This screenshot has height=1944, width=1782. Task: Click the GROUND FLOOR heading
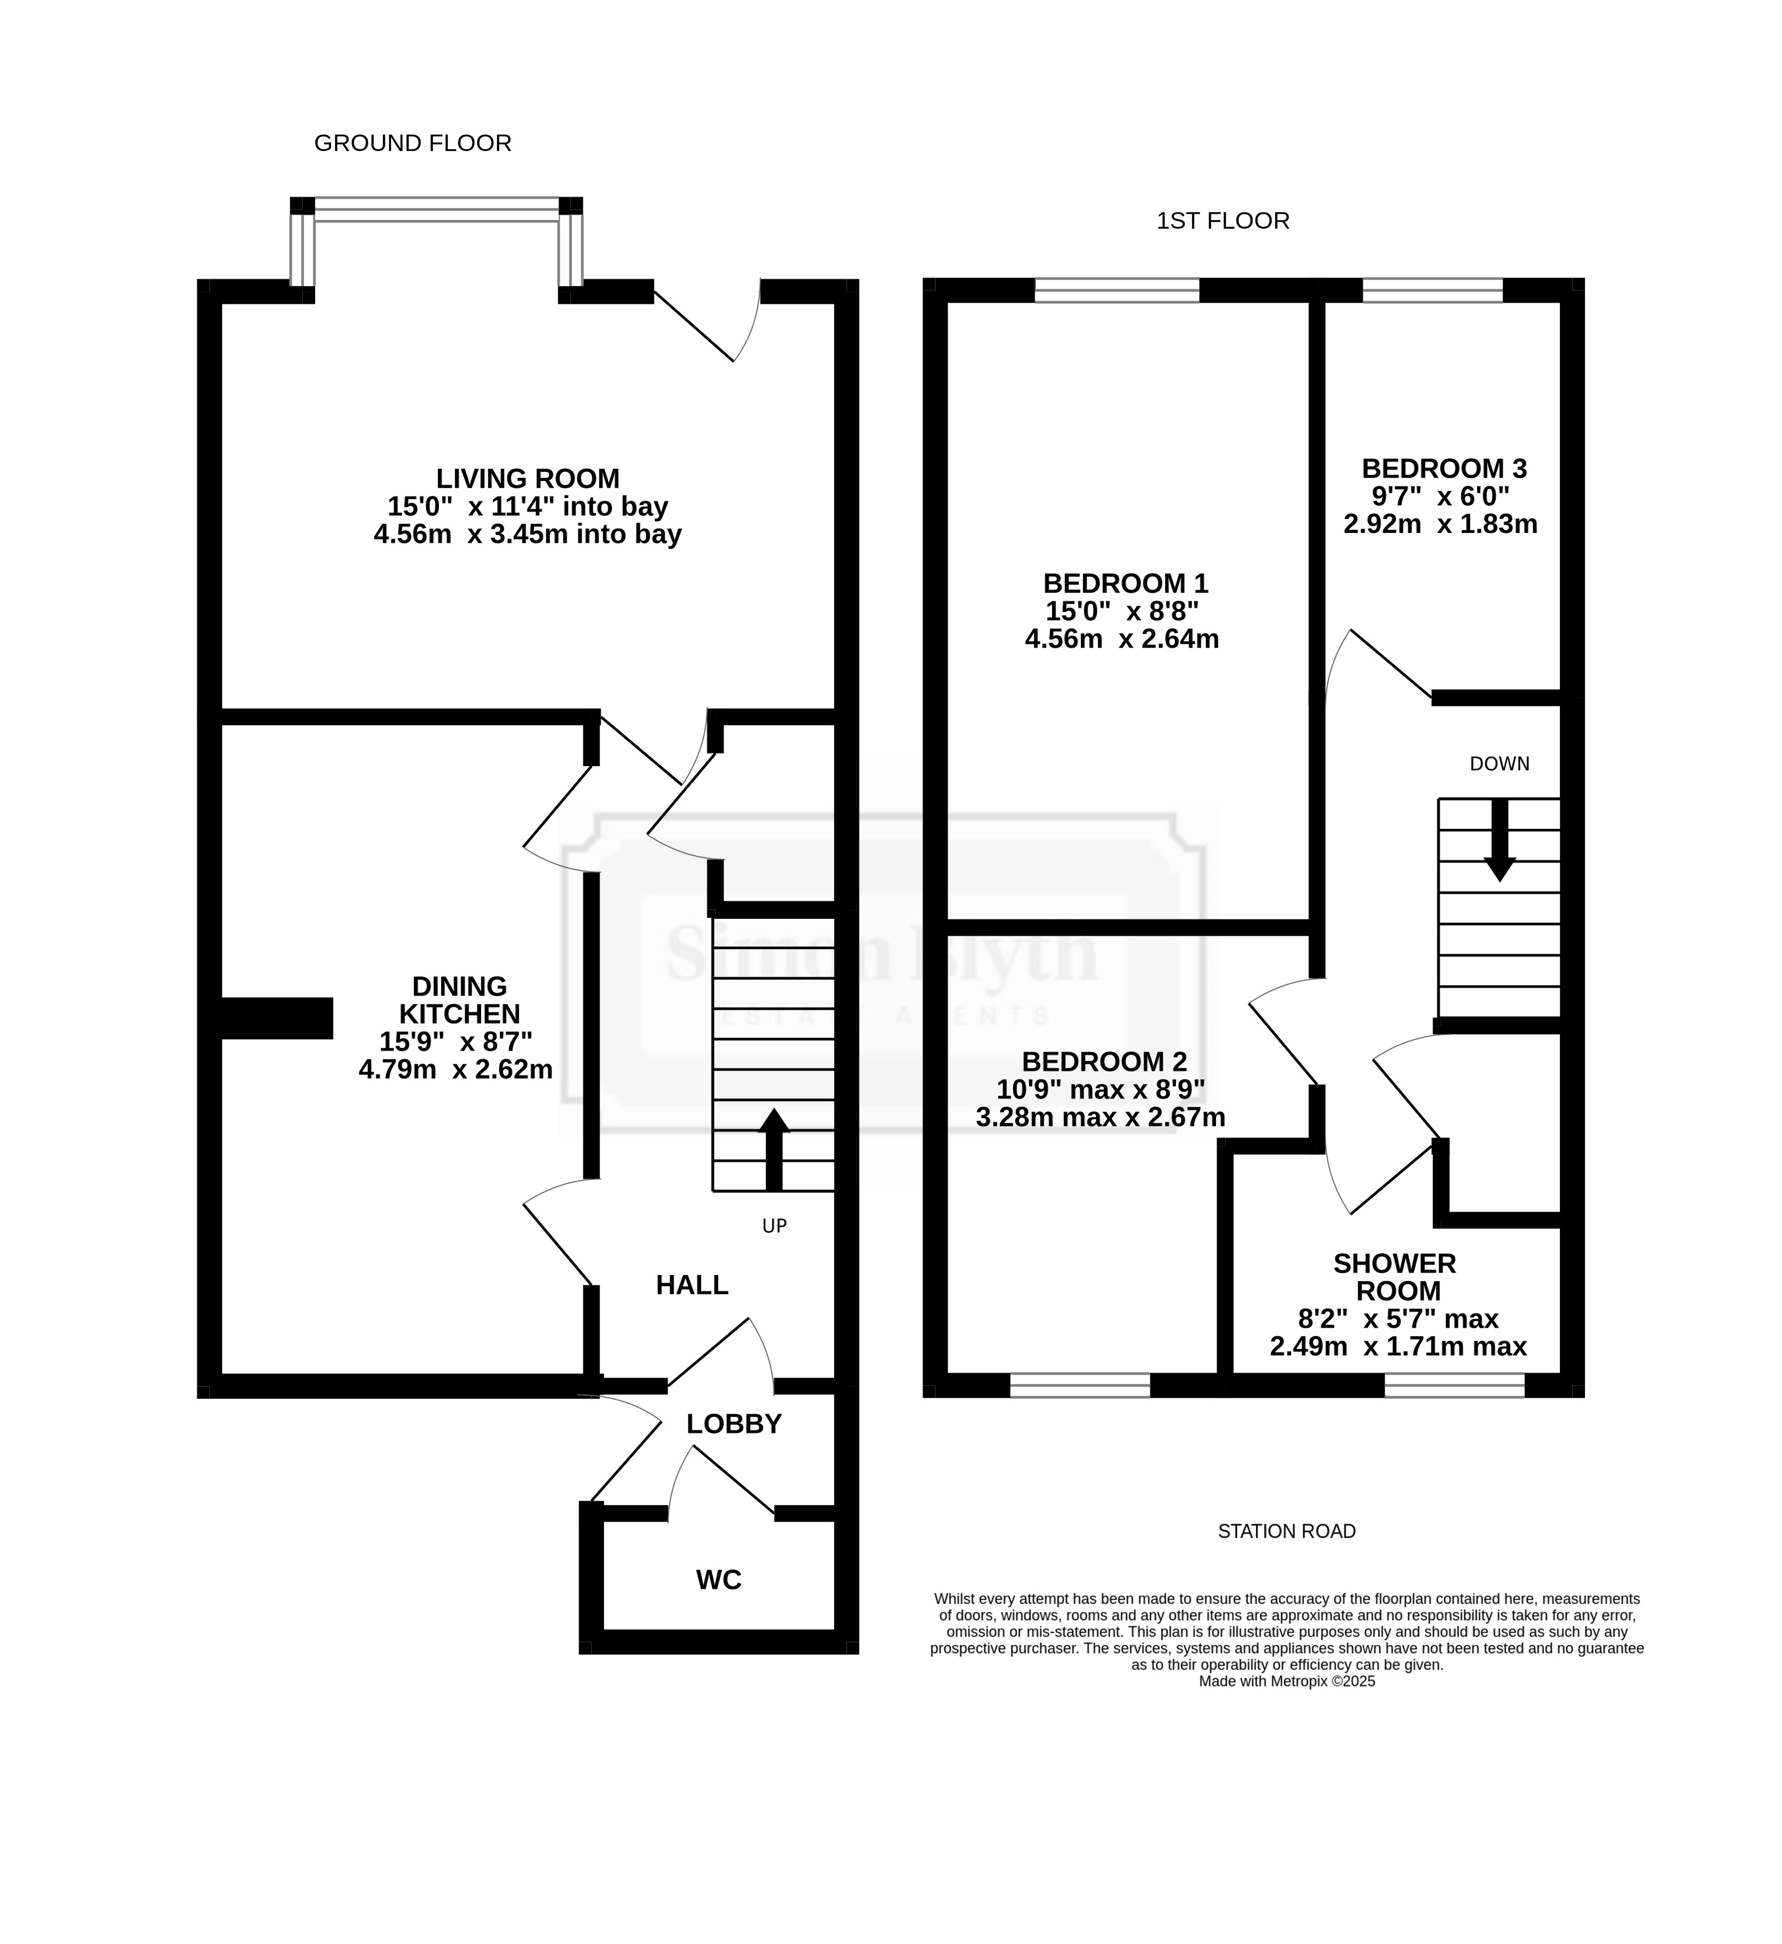pyautogui.click(x=413, y=144)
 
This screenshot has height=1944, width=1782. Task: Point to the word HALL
pyautogui.click(x=692, y=1284)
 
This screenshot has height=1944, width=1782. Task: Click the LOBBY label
pyautogui.click(x=734, y=1423)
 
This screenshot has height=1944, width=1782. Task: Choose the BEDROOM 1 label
pyautogui.click(x=1125, y=583)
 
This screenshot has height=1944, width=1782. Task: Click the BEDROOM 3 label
pyautogui.click(x=1443, y=469)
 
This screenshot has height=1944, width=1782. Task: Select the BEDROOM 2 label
pyautogui.click(x=1104, y=1062)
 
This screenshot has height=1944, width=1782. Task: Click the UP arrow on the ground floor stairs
pyautogui.click(x=774, y=1150)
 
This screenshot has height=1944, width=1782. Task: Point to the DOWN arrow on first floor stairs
pyautogui.click(x=1499, y=840)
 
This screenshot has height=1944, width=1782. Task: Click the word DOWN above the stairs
pyautogui.click(x=1499, y=764)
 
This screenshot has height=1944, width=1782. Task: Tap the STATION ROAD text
pyautogui.click(x=1287, y=1531)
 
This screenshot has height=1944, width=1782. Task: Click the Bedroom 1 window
pyautogui.click(x=1117, y=290)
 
